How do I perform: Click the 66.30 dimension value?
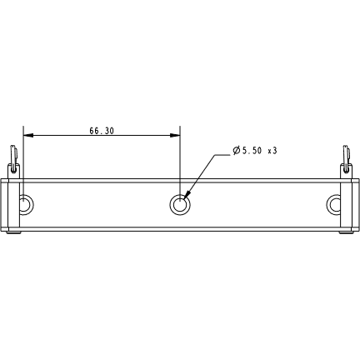[101, 131]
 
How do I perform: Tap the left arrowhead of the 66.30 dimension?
[27, 134]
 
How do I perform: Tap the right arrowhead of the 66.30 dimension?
[177, 134]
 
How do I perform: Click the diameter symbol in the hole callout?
[237, 150]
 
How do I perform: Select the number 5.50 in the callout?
[252, 150]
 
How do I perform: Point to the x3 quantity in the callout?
[272, 150]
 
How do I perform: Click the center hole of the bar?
[180, 202]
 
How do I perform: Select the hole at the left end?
[26, 203]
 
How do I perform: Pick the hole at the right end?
[335, 203]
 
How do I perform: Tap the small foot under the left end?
[14, 233]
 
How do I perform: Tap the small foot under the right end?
[346, 233]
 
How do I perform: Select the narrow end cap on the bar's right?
[351, 203]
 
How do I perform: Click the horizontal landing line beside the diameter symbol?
[226, 155]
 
